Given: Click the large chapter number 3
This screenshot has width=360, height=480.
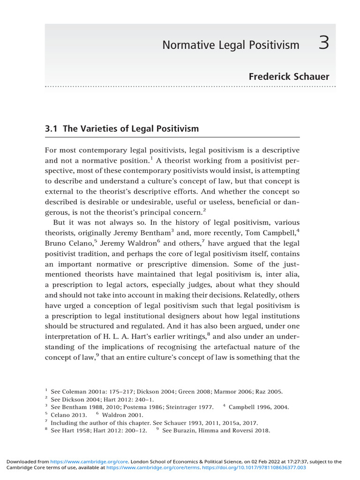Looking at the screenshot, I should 324,44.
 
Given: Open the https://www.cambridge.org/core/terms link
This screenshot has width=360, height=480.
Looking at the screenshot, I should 153,467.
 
